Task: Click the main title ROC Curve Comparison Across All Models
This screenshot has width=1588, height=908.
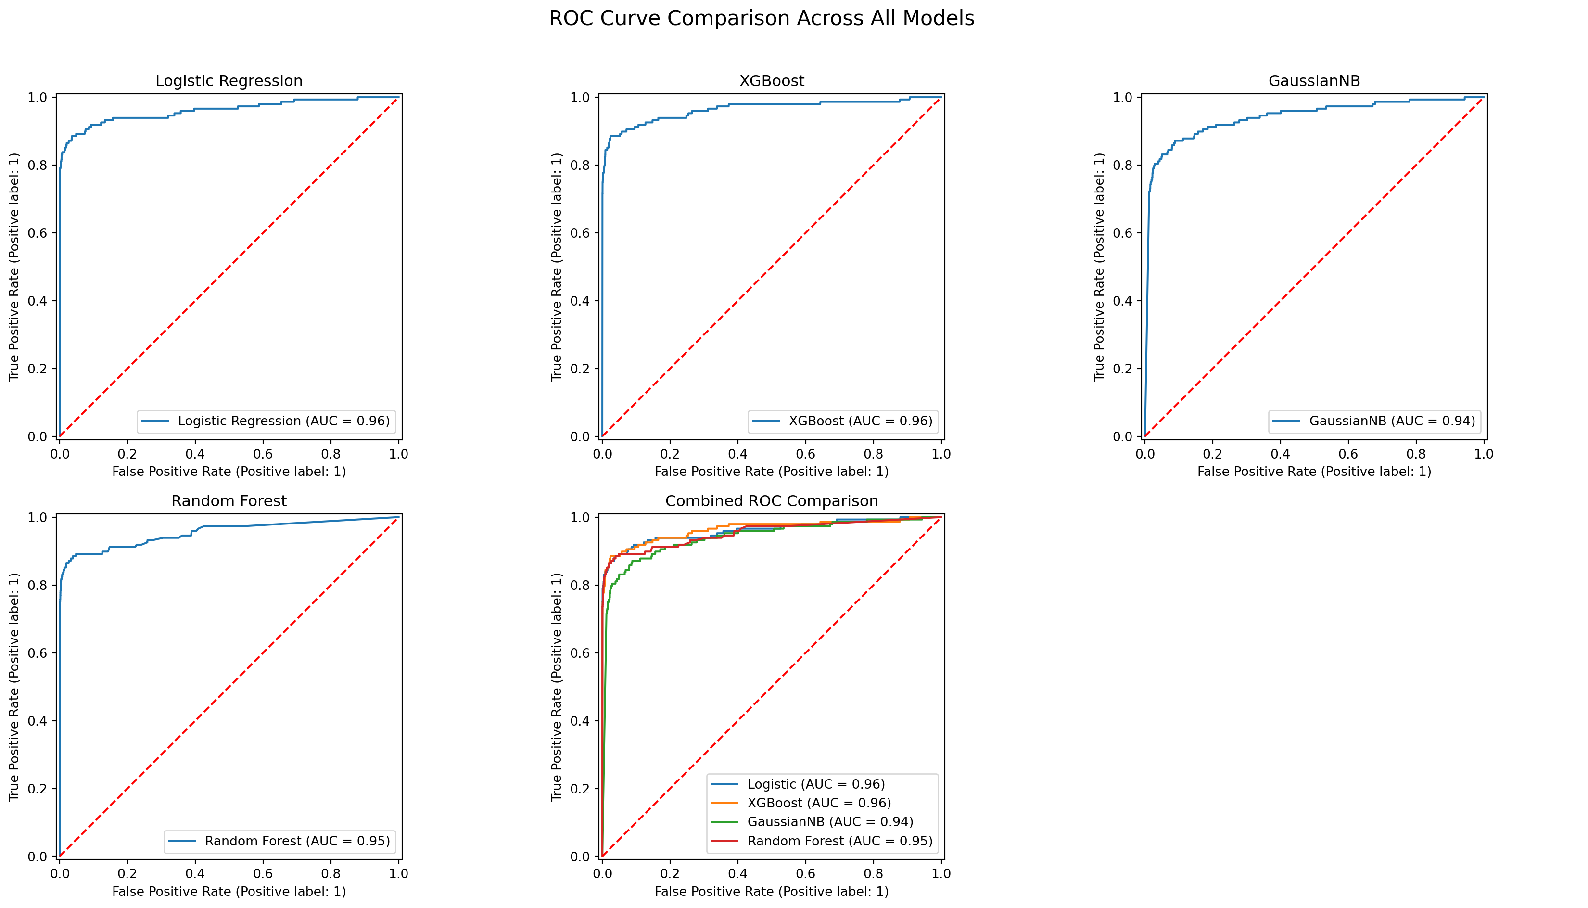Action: coord(761,19)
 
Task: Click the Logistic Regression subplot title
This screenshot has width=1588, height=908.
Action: coord(229,81)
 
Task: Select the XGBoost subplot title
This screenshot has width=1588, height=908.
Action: coord(771,81)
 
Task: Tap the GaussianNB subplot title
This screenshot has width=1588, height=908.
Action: coord(1314,81)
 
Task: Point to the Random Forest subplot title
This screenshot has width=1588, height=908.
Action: coord(229,501)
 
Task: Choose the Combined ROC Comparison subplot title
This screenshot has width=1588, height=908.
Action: coord(771,501)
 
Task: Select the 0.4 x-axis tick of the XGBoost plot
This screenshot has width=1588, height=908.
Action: coord(737,454)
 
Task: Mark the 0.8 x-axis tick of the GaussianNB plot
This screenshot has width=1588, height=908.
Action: coord(1416,454)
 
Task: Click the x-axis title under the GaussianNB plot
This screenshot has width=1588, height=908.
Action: coord(1314,472)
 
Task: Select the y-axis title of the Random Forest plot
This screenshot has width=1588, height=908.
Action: coord(14,687)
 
